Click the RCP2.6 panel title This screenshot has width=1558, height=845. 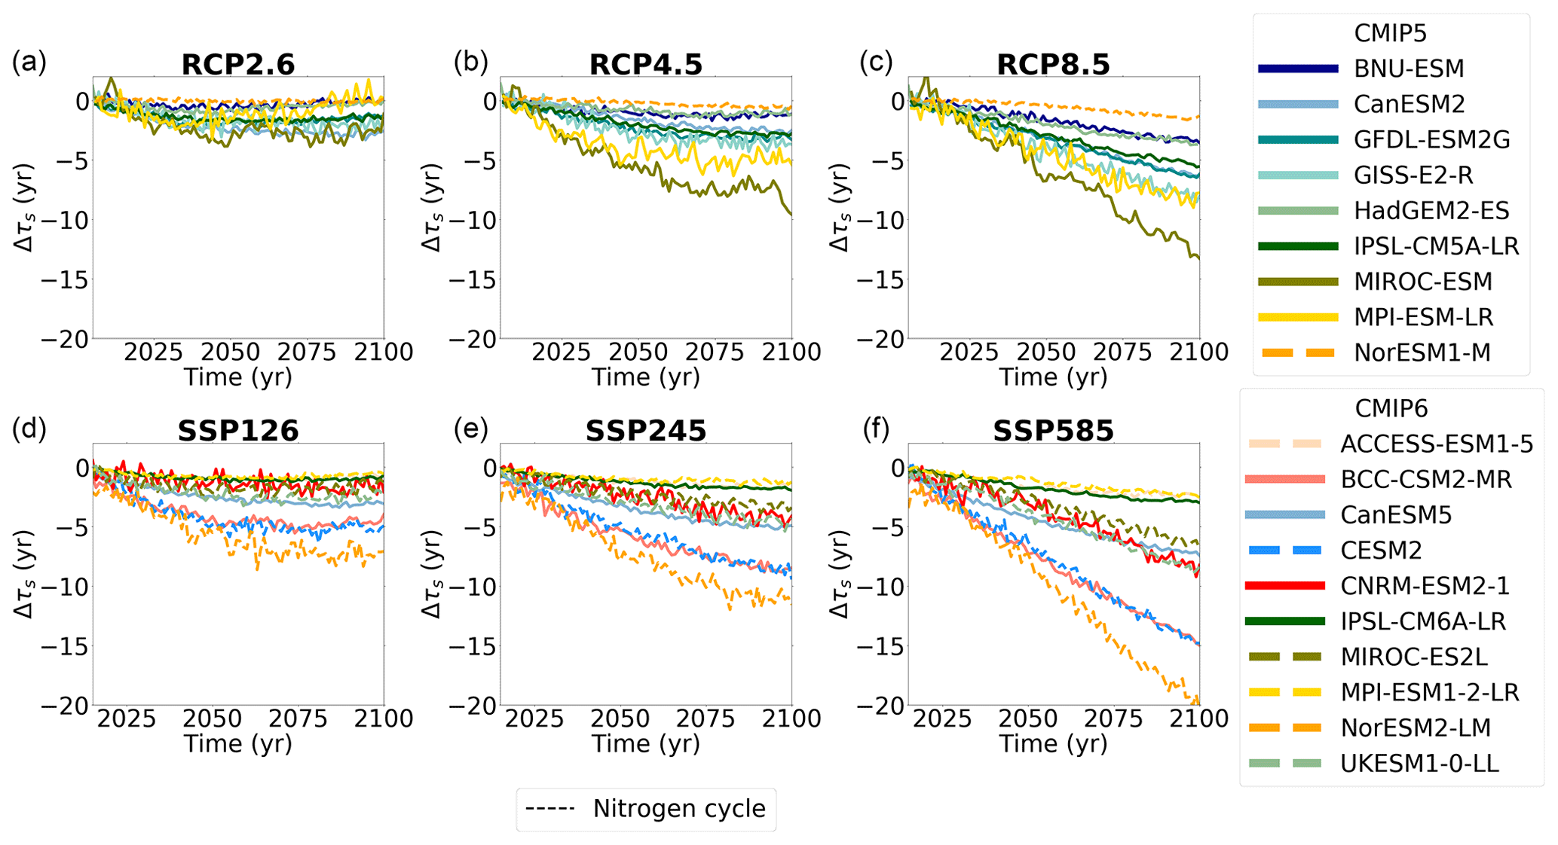click(x=238, y=65)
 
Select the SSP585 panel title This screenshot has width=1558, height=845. click(x=1053, y=432)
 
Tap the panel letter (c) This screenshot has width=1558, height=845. click(x=877, y=63)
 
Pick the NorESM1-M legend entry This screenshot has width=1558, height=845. click(x=1422, y=352)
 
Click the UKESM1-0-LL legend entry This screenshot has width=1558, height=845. click(x=1419, y=764)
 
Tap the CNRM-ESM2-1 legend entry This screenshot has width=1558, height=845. click(x=1425, y=586)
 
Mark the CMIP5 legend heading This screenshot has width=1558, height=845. click(x=1390, y=33)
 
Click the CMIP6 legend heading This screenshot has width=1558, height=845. click(x=1391, y=408)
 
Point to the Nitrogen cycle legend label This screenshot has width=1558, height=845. click(x=678, y=809)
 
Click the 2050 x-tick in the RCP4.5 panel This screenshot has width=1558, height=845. click(x=639, y=352)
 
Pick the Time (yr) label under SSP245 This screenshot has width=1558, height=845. click(x=646, y=744)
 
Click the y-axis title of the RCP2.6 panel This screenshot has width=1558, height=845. click(x=25, y=207)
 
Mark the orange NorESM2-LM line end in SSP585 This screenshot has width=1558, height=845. click(x=1197, y=702)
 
